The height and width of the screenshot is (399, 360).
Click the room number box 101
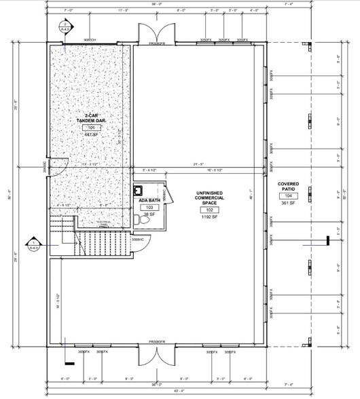coord(91,127)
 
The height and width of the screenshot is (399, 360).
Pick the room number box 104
coord(290,195)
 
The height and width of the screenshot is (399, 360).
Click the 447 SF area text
coord(91,134)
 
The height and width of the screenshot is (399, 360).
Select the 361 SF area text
coord(290,203)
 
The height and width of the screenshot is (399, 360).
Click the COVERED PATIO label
coord(290,186)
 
